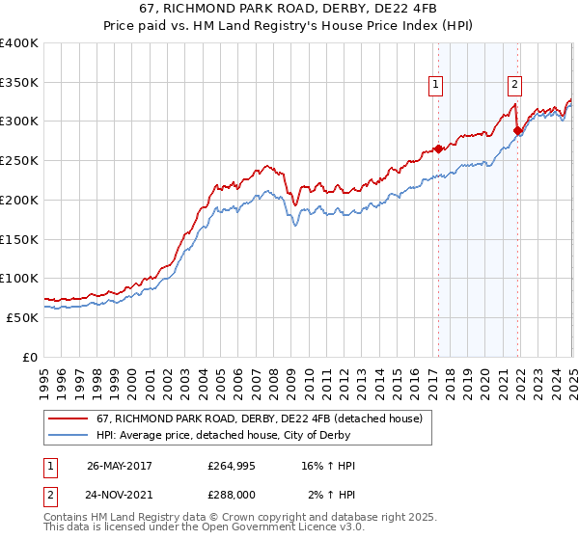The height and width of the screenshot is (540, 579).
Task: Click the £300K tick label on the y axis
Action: point(18,121)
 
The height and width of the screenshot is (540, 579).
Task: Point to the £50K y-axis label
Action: point(22,317)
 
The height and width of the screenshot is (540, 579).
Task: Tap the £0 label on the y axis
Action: point(30,357)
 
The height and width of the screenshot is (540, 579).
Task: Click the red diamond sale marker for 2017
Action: point(438,148)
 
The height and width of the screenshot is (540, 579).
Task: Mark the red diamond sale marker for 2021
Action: point(518,131)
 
